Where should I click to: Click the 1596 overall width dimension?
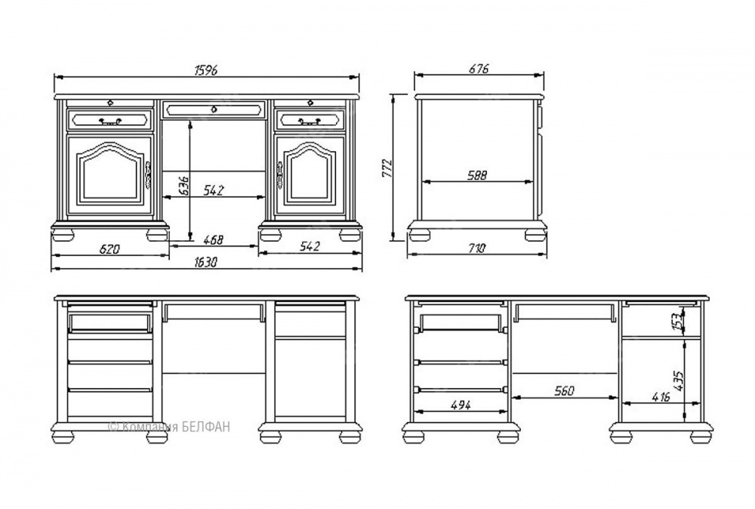(205, 69)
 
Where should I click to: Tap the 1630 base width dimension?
(205, 263)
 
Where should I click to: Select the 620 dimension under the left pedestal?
(109, 249)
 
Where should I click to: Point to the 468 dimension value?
(213, 239)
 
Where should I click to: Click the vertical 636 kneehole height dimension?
(184, 185)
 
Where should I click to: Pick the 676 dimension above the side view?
(479, 69)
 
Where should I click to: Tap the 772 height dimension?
(387, 168)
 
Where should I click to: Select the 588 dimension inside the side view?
(477, 175)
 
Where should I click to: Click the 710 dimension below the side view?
(476, 248)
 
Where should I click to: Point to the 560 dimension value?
(564, 390)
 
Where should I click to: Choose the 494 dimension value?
(461, 405)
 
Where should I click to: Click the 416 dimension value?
(661, 397)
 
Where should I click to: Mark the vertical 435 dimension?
(679, 381)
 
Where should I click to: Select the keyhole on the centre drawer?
(214, 110)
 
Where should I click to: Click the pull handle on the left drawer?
(110, 121)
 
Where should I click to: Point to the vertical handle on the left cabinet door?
(149, 174)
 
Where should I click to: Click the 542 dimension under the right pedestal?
(310, 246)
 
